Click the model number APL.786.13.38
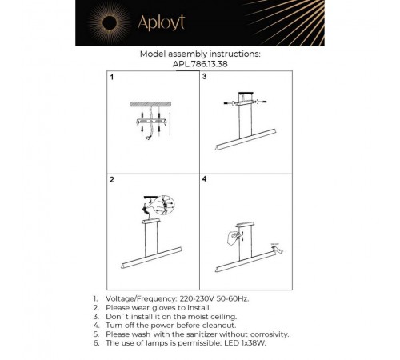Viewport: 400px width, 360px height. tap(199, 66)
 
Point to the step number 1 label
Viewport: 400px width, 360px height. tap(113, 78)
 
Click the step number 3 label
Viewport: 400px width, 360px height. tap(205, 78)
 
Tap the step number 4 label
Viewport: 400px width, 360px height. tap(205, 181)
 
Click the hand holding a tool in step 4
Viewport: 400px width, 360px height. tap(232, 237)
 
